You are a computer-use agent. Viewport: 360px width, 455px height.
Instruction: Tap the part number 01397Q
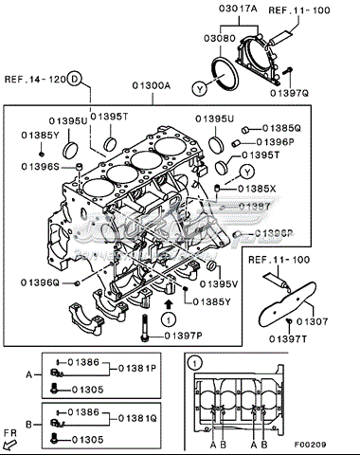pos(313,94)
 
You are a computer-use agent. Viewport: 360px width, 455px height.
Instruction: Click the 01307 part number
pos(312,321)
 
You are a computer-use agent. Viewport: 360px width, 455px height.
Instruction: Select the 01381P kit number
pos(138,367)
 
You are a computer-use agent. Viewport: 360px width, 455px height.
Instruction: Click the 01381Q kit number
pos(138,418)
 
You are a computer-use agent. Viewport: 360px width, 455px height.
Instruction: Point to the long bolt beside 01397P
pos(143,331)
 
